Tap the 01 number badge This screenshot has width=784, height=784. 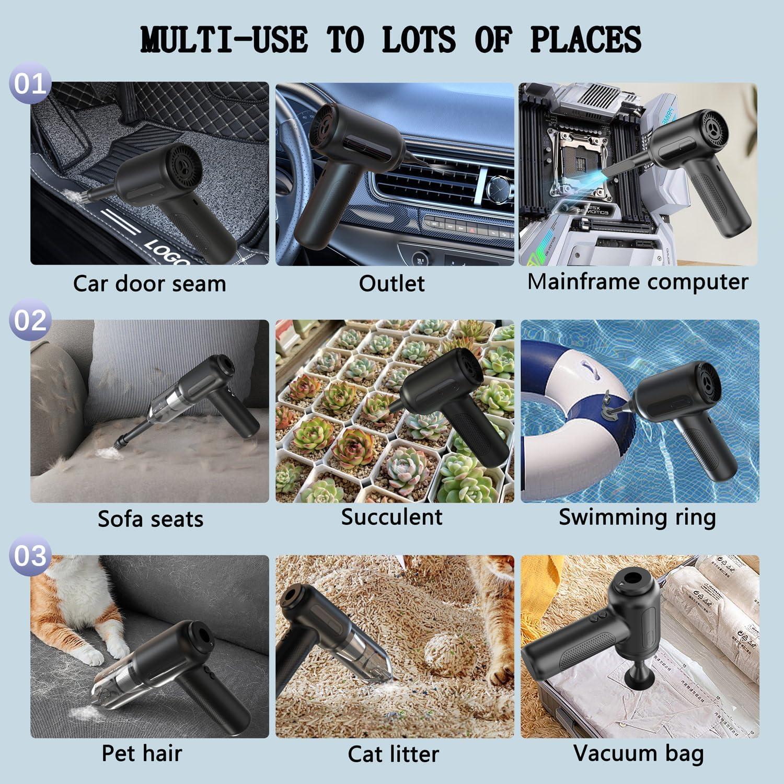click(x=30, y=84)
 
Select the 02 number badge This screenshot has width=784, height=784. click(x=30, y=320)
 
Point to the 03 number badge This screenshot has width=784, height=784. click(x=30, y=556)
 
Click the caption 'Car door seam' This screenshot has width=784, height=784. click(x=149, y=284)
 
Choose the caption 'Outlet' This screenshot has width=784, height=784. click(x=391, y=284)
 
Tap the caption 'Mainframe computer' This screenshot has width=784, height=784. click(x=638, y=282)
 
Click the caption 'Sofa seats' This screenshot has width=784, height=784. click(x=151, y=519)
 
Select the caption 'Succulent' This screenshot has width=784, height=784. click(x=391, y=517)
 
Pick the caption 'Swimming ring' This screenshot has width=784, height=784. click(x=637, y=517)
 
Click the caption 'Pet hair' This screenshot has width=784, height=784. click(x=142, y=753)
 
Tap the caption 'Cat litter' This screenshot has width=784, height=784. click(x=393, y=754)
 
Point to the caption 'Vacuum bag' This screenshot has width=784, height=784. click(x=638, y=753)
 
